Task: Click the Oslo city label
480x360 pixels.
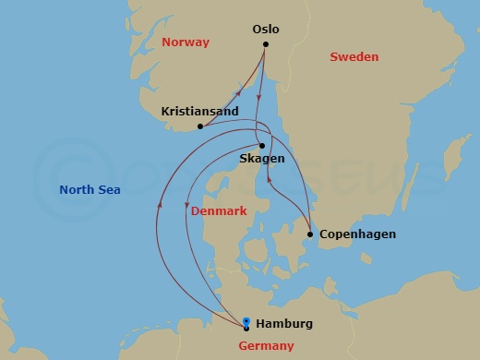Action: click(x=266, y=30)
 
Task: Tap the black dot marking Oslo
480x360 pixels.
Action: click(x=266, y=44)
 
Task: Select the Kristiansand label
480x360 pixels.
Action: click(x=199, y=112)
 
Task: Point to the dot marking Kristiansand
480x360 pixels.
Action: click(x=200, y=126)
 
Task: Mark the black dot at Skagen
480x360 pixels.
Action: click(x=262, y=145)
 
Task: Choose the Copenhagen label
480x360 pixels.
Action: click(x=357, y=234)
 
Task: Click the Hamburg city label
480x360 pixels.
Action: click(x=284, y=324)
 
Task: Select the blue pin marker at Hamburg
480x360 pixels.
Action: click(x=246, y=321)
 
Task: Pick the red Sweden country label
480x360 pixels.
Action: click(x=354, y=57)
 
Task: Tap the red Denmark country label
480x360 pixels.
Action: click(x=219, y=211)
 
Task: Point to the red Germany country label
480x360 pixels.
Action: click(x=266, y=346)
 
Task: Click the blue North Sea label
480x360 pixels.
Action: click(x=90, y=190)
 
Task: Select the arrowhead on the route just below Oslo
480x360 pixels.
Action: click(x=259, y=95)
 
